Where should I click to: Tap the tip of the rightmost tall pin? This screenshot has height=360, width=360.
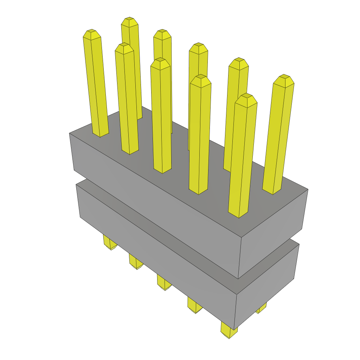(x=284, y=77)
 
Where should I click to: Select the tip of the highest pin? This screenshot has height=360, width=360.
(x=129, y=20)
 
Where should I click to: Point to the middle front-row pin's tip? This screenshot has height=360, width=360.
(x=160, y=60)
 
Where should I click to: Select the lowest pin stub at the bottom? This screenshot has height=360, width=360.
(x=229, y=332)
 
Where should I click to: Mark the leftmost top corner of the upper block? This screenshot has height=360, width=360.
(x=70, y=133)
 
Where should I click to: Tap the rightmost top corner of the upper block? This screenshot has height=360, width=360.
(x=308, y=189)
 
